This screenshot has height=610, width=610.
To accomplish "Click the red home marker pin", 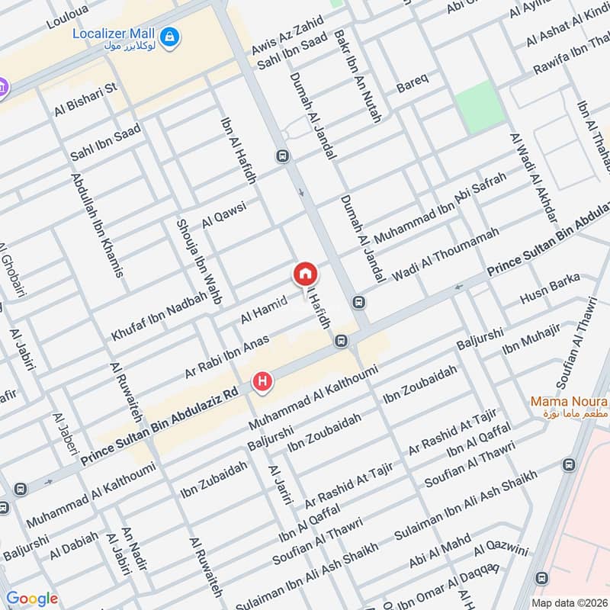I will [x=305, y=274].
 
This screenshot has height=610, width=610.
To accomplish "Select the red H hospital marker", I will [x=264, y=380].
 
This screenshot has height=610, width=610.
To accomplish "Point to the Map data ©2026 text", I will [x=568, y=602].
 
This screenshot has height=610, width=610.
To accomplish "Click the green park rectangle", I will [x=480, y=106].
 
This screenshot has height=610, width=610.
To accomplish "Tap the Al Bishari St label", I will [x=85, y=100].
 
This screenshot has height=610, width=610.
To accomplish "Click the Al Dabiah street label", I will [x=74, y=546].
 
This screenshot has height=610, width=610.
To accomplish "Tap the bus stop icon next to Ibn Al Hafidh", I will [x=284, y=156].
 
